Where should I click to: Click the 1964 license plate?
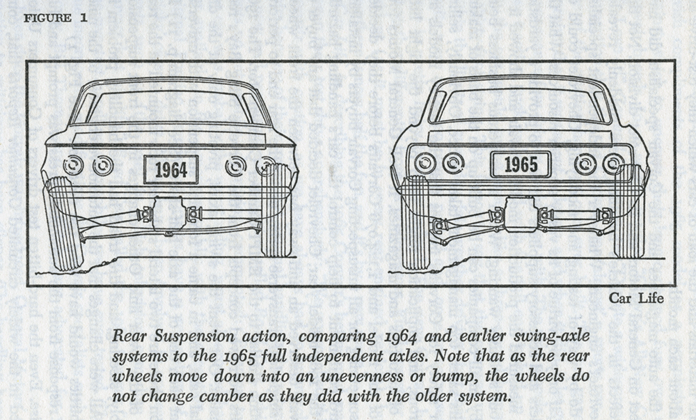coord(171,169)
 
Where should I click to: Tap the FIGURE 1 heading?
coord(56,18)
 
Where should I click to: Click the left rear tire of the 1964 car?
coord(63,222)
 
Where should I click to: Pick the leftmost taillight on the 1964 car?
coord(73,165)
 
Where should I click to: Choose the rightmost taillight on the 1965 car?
coord(612,164)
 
